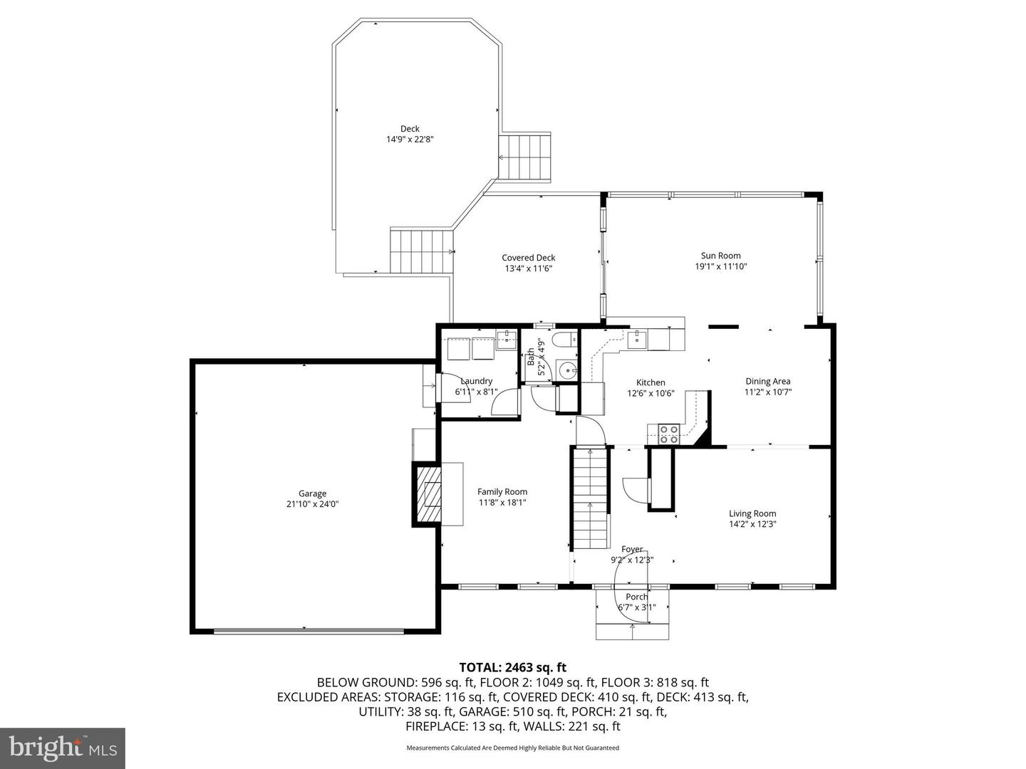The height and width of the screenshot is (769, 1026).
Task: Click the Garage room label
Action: (312, 493)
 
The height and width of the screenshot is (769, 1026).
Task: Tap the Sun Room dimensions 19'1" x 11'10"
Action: (721, 266)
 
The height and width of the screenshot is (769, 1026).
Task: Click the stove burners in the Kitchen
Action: (668, 434)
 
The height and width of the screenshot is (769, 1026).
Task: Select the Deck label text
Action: (410, 129)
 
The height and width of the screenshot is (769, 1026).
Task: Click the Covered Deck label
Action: (529, 258)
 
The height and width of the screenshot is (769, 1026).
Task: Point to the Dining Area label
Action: (768, 382)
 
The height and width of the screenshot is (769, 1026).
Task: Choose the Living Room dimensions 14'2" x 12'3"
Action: (752, 524)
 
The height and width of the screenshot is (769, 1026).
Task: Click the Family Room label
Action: (502, 491)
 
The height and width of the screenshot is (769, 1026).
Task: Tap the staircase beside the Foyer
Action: (591, 498)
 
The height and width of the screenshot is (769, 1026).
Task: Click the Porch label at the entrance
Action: (637, 597)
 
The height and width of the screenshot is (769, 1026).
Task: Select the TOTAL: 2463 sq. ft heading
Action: (513, 667)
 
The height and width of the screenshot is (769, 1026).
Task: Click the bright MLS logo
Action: (62, 748)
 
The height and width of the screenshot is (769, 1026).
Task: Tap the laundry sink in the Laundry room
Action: (506, 340)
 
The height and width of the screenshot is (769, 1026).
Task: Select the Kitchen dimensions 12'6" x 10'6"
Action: (651, 394)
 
